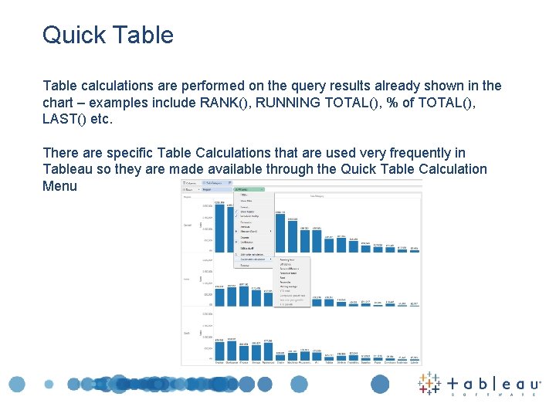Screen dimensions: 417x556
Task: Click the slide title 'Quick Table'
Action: click(108, 35)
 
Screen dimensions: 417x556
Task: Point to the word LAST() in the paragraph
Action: click(66, 120)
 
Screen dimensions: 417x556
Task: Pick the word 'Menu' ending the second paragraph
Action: click(60, 186)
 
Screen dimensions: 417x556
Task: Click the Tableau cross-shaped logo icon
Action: click(429, 384)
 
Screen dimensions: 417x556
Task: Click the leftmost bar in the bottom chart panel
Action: click(219, 349)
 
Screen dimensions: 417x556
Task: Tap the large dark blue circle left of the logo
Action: click(380, 384)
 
